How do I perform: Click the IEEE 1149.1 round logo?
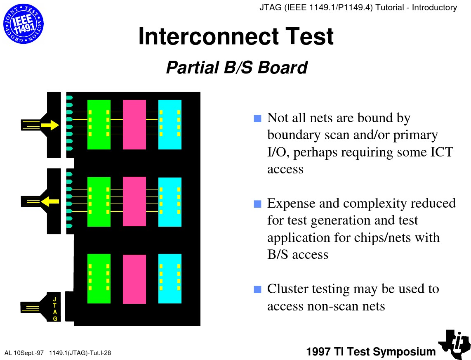[x=24, y=24]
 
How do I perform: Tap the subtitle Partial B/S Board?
[x=237, y=67]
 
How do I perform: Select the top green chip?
[x=99, y=124]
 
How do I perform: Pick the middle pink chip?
[x=134, y=201]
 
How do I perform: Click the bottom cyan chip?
[x=170, y=278]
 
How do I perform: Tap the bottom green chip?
[x=99, y=278]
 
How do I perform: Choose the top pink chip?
[x=134, y=124]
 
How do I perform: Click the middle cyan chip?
[x=170, y=201]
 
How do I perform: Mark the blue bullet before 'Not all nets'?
[x=258, y=118]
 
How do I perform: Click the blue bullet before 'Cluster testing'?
[x=258, y=289]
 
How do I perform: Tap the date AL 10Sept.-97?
[x=24, y=353]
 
